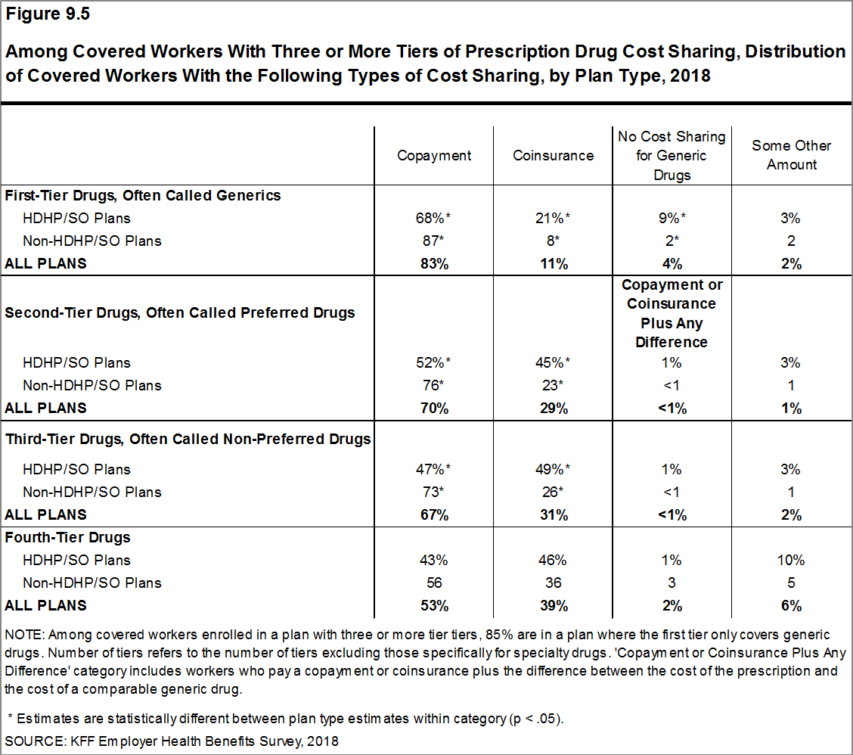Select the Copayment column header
click(x=434, y=155)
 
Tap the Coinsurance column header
click(x=553, y=155)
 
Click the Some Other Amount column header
click(x=791, y=155)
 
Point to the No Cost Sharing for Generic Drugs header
click(x=672, y=155)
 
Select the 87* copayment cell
click(x=434, y=241)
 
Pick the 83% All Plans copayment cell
click(x=434, y=264)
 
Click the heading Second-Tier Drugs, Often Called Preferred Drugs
click(x=180, y=313)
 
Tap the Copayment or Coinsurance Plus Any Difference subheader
click(x=672, y=313)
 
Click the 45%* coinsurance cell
click(x=553, y=362)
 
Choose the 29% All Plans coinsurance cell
click(x=553, y=408)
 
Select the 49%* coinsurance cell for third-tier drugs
click(x=553, y=469)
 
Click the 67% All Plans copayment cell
click(x=434, y=514)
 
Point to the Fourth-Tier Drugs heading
click(x=68, y=538)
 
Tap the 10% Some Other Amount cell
click(x=791, y=561)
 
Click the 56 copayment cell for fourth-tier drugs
click(x=434, y=583)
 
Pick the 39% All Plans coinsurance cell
click(x=553, y=606)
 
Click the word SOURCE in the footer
click(x=30, y=741)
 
